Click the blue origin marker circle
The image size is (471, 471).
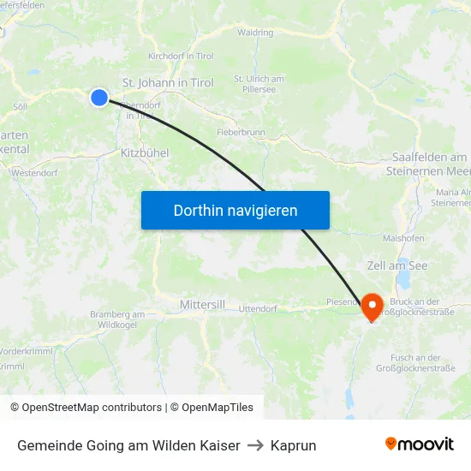click(x=99, y=98)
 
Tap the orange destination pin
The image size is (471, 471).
click(x=373, y=307)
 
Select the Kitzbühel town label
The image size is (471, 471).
click(x=145, y=152)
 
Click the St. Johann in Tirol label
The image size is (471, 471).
click(x=168, y=83)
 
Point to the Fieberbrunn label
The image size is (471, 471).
click(x=241, y=134)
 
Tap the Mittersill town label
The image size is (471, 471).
click(x=203, y=305)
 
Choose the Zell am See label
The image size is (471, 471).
click(x=396, y=266)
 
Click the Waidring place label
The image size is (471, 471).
click(x=255, y=33)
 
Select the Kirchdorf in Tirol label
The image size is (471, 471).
click(x=181, y=56)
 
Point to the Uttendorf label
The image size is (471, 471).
click(x=258, y=308)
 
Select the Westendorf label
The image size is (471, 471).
click(x=34, y=172)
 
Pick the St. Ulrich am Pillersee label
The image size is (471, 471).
click(x=259, y=85)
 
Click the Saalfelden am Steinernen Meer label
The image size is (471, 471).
click(x=429, y=164)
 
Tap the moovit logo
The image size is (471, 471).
click(x=420, y=444)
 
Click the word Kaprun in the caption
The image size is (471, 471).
click(x=293, y=445)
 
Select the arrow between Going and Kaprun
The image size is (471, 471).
click(x=255, y=445)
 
